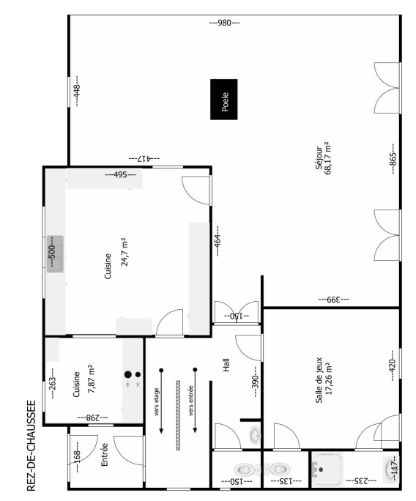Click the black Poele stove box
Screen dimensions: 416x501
point(223,100)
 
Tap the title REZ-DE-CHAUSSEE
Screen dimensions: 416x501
point(31,445)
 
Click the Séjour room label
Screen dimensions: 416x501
point(319,157)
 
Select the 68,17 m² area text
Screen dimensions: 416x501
point(328,158)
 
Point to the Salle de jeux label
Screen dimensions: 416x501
point(319,380)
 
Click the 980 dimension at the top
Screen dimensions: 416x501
point(224,23)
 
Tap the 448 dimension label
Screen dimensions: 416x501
point(77,91)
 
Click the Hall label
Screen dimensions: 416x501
point(226,365)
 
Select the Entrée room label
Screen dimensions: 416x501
point(104,454)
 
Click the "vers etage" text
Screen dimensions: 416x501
point(157,401)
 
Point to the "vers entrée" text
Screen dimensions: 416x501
point(191,401)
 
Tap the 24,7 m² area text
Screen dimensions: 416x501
point(124,252)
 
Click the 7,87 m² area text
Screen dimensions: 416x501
point(90,379)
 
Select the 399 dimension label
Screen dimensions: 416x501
point(333,300)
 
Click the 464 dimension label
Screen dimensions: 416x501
point(218,240)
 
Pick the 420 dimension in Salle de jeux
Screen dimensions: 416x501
point(393,365)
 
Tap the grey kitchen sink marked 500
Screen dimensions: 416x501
point(55,254)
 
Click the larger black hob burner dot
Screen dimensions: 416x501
point(128,374)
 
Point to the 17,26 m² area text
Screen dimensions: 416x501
point(328,379)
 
